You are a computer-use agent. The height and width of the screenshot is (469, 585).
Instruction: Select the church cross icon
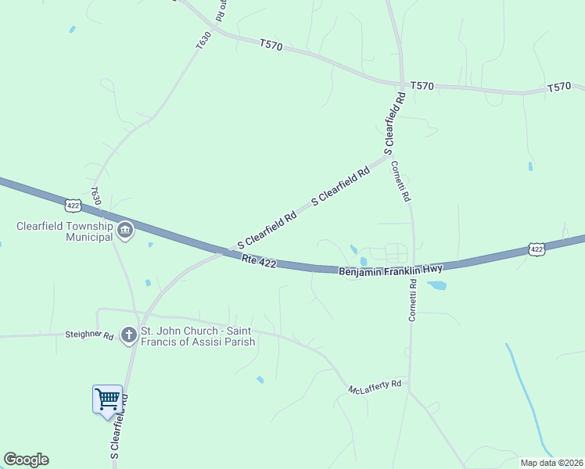pyautogui.click(x=127, y=335)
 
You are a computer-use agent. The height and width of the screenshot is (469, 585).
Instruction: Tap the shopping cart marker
pyautogui.click(x=108, y=399)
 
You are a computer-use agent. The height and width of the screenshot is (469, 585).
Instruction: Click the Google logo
pyautogui.click(x=26, y=460)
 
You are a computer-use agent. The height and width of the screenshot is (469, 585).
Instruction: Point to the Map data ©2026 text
pyautogui.click(x=551, y=463)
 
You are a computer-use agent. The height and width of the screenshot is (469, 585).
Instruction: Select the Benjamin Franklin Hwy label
pyautogui.click(x=390, y=270)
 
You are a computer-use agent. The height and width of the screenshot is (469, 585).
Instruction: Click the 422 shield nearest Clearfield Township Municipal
pyautogui.click(x=73, y=205)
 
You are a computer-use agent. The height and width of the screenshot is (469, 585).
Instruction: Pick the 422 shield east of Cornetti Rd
pyautogui.click(x=536, y=249)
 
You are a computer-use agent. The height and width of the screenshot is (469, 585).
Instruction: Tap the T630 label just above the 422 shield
pyautogui.click(x=96, y=196)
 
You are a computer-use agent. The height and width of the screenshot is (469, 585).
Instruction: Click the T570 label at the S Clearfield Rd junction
pyautogui.click(x=422, y=84)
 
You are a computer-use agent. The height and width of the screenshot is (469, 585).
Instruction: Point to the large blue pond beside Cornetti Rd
pyautogui.click(x=436, y=286)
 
